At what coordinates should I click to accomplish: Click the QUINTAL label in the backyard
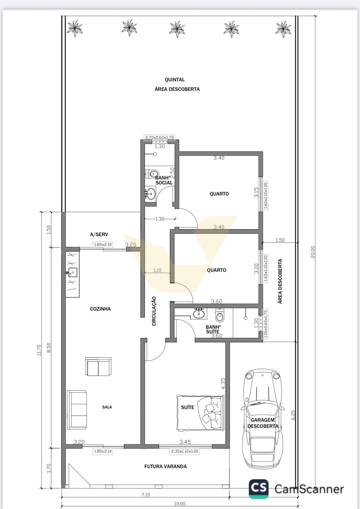pos(175,80)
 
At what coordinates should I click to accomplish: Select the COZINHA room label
pos(100,309)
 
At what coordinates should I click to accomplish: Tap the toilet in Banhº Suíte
pos(219,315)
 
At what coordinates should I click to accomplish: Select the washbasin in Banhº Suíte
pos(199,314)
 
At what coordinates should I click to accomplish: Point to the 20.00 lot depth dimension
pos(313,252)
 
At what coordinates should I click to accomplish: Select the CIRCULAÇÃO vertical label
pos(154,311)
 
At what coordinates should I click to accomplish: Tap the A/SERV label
pos(99,234)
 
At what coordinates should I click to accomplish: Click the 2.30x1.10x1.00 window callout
pos(184,451)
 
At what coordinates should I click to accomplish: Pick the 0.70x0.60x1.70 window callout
pos(159,137)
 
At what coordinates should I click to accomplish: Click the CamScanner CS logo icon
pos(259,489)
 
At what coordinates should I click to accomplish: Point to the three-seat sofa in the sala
pos(77,410)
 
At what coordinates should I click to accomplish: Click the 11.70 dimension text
pos(39,350)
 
